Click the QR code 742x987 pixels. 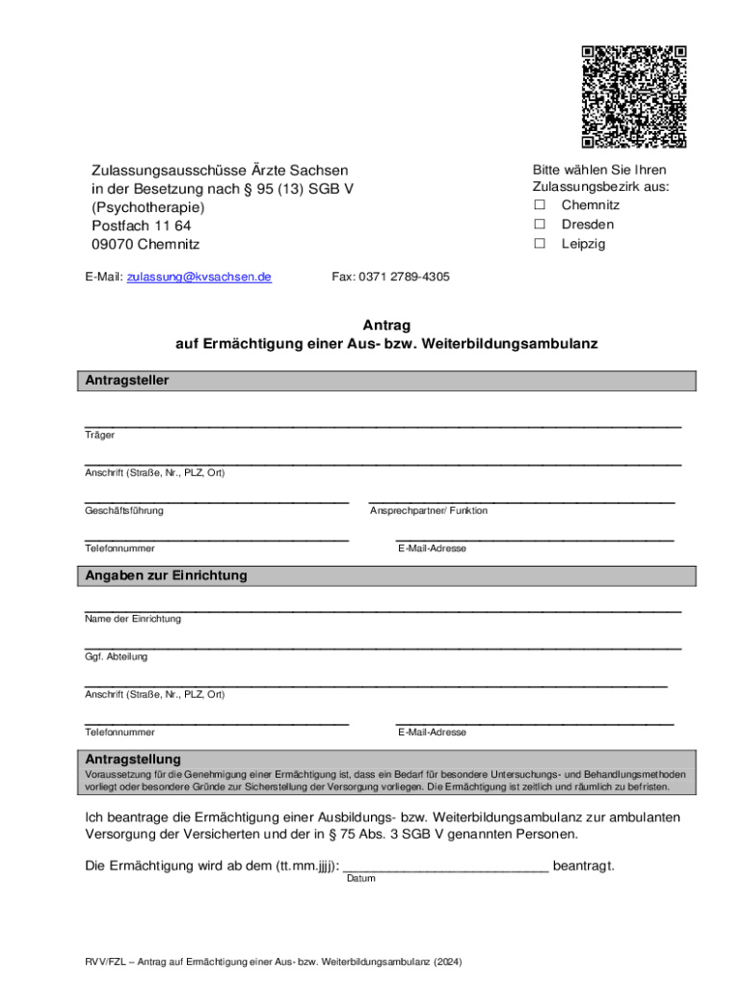point(633,96)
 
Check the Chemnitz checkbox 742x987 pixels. point(541,205)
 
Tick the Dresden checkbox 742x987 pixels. point(541,225)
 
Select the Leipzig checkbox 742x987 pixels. point(541,244)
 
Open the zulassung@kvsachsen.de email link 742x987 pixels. point(199,277)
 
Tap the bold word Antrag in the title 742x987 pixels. point(385,326)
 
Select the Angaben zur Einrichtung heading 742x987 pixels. point(166,575)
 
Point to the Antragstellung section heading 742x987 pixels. point(133,760)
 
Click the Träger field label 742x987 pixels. point(99,436)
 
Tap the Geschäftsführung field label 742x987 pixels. point(124,511)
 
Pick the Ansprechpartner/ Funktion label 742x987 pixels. point(429,511)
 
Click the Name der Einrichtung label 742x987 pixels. point(133,619)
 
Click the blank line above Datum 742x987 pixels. point(446,867)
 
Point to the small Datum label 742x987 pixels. point(360,879)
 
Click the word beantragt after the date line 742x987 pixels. point(583,866)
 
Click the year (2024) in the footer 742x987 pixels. point(447,961)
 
